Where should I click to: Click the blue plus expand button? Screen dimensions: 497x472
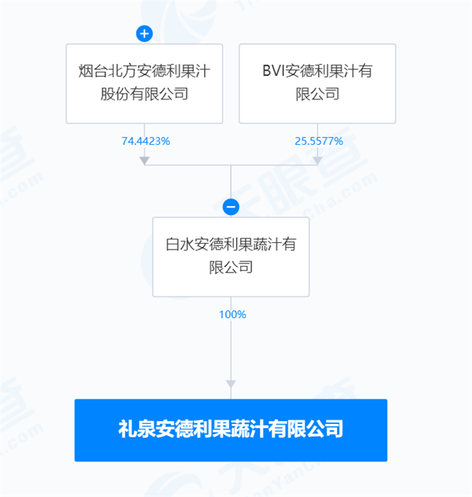click(144, 33)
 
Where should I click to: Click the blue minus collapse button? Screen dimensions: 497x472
click(231, 207)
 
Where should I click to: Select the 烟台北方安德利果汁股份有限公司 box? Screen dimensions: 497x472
click(144, 83)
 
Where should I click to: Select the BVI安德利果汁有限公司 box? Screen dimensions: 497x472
click(317, 83)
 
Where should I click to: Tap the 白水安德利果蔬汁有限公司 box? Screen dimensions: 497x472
click(231, 256)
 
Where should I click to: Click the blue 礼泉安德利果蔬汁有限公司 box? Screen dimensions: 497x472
click(231, 430)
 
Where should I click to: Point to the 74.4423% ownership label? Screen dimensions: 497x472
click(145, 141)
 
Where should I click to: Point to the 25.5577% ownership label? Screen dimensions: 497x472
click(318, 141)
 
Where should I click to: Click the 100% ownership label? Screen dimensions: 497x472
click(232, 315)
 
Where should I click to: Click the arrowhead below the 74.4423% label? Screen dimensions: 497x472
click(145, 159)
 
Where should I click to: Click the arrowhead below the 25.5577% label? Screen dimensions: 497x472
click(318, 159)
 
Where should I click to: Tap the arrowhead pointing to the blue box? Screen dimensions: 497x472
click(231, 384)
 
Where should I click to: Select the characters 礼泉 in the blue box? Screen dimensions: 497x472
click(133, 430)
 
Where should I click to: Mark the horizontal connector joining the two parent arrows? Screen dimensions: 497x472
click(231, 164)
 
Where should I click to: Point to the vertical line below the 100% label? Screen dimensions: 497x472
click(231, 351)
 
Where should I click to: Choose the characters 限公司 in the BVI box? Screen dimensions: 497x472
click(318, 94)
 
